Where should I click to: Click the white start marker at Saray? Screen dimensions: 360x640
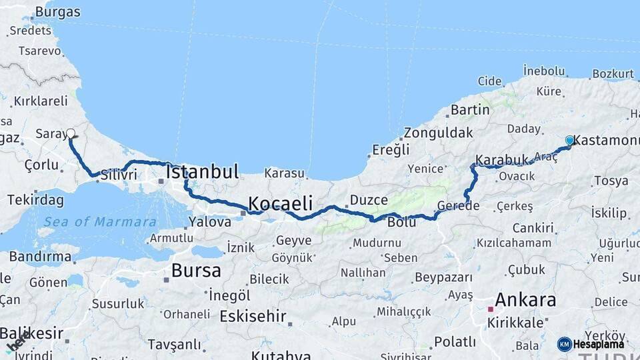tap(70, 133)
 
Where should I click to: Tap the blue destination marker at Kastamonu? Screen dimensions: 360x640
tap(569, 141)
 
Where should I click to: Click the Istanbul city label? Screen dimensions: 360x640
tap(202, 171)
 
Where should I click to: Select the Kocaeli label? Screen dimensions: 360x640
tap(280, 203)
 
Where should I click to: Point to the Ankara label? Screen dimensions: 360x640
tap(526, 300)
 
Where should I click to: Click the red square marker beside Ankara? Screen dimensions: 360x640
tap(491, 309)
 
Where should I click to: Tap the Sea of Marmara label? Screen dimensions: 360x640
tap(100, 222)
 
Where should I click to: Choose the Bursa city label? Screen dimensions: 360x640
tap(196, 271)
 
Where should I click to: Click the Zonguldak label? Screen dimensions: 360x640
tap(437, 132)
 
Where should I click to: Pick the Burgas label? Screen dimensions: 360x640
tap(57, 12)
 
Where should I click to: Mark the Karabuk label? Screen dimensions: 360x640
tap(502, 161)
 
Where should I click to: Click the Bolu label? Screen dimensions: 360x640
tap(402, 222)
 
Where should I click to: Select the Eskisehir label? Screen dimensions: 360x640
tap(253, 316)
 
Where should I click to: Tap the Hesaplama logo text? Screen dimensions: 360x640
tap(599, 345)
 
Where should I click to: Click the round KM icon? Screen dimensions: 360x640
tap(565, 344)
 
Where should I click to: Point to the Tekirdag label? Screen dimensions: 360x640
tap(35, 200)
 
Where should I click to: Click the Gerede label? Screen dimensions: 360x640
tap(458, 205)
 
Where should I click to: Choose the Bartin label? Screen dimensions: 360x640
tap(470, 109)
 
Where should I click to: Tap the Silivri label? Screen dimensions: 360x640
tap(119, 175)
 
